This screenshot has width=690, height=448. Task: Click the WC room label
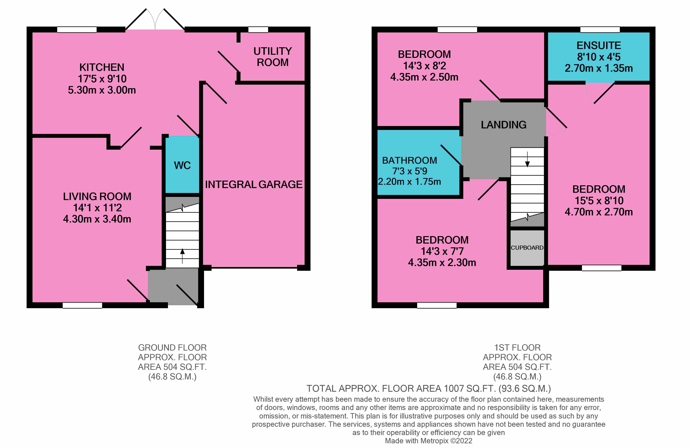(x=182, y=165)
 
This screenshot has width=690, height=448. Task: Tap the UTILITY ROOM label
(x=272, y=57)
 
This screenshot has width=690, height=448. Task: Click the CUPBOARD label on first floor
(x=527, y=248)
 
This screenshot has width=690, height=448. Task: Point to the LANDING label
(x=503, y=125)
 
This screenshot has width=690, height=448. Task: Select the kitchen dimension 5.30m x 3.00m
(x=102, y=90)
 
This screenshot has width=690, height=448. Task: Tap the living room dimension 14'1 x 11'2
(x=97, y=208)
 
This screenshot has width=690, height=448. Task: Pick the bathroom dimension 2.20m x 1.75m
(x=409, y=182)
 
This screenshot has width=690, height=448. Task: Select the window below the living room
(x=82, y=305)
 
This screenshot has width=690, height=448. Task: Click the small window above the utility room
(x=258, y=30)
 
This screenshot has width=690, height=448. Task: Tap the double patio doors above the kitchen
(x=155, y=20)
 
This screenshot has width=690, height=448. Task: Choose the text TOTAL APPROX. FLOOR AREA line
(x=429, y=388)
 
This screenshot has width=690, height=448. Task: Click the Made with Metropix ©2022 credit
(x=429, y=441)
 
